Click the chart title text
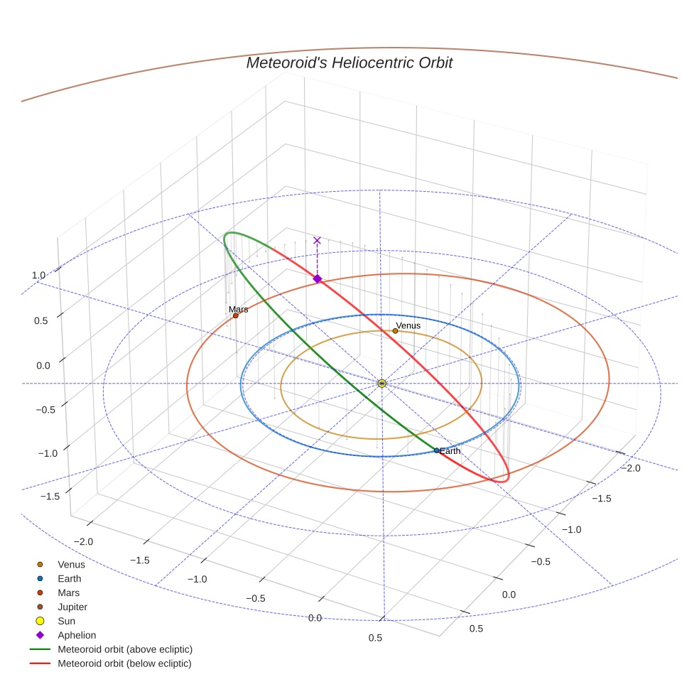pos(349,63)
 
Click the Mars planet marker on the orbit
pos(236,315)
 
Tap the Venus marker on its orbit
pos(395,330)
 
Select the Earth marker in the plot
pos(436,450)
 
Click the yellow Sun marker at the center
pos(381,384)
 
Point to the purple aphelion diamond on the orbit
pos(318,278)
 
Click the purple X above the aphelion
pos(317,241)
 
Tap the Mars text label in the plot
pos(239,310)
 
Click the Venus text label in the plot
pos(408,325)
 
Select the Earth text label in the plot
pos(450,451)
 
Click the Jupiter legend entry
pos(72,607)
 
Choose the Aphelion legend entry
pos(77,635)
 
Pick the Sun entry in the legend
pos(66,621)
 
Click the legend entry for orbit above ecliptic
pos(125,649)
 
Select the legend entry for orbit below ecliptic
pos(124,663)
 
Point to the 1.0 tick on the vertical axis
pos(38,275)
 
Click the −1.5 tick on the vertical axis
pos(32,497)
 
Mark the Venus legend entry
pos(71,565)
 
